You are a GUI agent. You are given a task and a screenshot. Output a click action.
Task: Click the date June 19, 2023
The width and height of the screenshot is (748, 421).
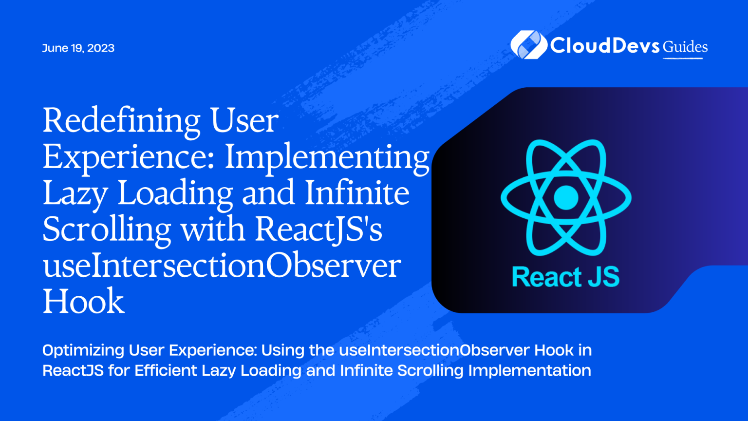tap(78, 48)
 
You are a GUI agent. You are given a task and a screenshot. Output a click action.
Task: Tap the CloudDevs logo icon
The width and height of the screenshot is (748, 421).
tap(528, 45)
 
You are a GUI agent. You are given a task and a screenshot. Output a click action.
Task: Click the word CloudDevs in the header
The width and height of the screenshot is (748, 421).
tap(605, 45)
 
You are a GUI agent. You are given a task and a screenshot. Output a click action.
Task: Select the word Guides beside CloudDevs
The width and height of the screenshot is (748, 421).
tap(685, 47)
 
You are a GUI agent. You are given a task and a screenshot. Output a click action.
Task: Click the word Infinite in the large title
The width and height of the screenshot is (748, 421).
tap(357, 192)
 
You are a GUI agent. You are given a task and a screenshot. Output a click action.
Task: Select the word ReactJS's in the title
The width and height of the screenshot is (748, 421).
tap(319, 230)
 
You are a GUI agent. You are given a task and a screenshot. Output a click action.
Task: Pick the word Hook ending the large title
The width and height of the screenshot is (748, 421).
tap(83, 301)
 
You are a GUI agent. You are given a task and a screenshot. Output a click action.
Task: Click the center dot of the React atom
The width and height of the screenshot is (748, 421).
tap(566, 197)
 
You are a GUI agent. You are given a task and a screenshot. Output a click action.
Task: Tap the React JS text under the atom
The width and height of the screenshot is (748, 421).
tap(566, 277)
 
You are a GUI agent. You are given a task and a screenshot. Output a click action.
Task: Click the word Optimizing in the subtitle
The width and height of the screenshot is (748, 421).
tap(83, 351)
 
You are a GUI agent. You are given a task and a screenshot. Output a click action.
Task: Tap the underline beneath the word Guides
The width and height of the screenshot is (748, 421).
tap(683, 58)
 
